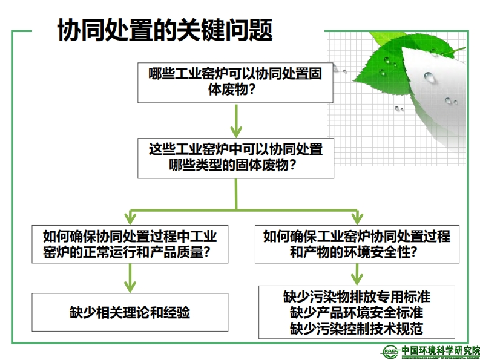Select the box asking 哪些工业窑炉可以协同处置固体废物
235,82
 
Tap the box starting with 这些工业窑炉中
235,158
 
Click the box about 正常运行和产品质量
130,244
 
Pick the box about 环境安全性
357,244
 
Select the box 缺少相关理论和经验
130,312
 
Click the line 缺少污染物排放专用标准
357,297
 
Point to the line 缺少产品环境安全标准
357,313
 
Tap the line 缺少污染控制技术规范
357,329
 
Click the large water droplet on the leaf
429,77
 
